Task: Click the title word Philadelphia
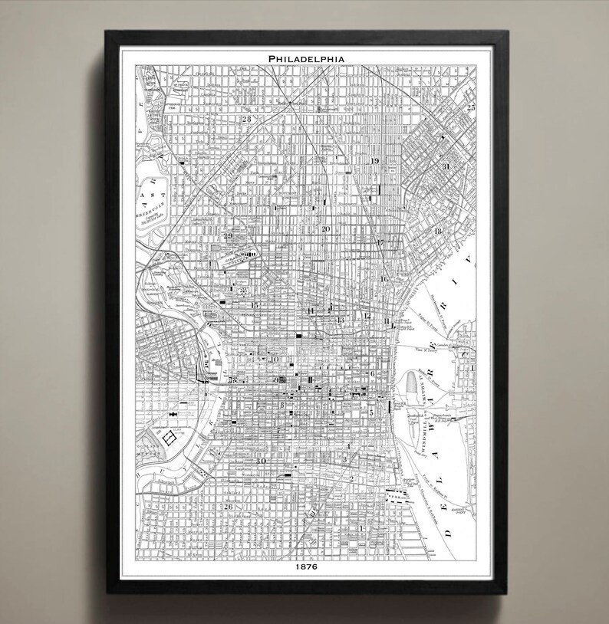pyautogui.click(x=305, y=57)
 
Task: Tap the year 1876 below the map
pyautogui.click(x=305, y=567)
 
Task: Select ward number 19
pyautogui.click(x=375, y=161)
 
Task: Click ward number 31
pyautogui.click(x=446, y=166)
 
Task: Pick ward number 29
pyautogui.click(x=227, y=235)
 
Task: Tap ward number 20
pyautogui.click(x=325, y=229)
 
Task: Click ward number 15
pyautogui.click(x=254, y=305)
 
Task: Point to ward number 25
pyautogui.click(x=471, y=108)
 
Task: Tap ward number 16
pyautogui.click(x=383, y=279)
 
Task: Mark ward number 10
pyautogui.click(x=275, y=359)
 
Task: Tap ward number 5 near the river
pyautogui.click(x=371, y=412)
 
